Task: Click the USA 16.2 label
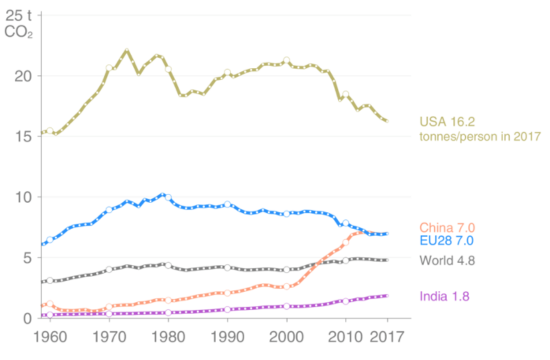447,122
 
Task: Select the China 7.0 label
447,228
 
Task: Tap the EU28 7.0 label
446,241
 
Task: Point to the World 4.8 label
447,260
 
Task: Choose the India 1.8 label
444,296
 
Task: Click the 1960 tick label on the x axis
50,337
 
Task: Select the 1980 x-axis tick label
168,337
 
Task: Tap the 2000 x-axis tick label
286,337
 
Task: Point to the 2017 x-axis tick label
387,337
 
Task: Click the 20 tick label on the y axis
23,76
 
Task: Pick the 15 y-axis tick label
23,137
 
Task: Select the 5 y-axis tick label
27,258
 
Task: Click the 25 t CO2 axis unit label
19,24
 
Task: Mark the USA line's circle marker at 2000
286,60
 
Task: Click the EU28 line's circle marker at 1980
168,197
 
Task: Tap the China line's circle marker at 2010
346,243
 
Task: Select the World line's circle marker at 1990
227,268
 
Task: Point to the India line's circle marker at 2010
346,301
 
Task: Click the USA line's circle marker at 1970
109,68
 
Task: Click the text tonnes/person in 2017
479,137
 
